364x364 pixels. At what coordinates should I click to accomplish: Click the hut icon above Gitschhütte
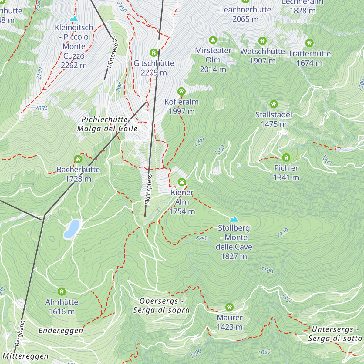154,53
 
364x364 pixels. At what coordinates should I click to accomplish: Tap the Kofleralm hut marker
181,91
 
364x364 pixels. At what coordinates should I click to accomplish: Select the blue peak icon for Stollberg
234,219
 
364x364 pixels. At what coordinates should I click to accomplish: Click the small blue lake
72,229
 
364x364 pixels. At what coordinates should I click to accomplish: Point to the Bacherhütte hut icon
78,159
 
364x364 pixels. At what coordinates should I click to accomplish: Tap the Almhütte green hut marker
62,292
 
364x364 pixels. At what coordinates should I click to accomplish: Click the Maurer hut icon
229,307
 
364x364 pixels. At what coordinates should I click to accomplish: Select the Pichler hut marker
286,157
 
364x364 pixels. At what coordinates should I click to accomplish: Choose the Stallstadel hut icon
274,104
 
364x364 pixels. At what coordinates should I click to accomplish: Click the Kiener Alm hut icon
182,182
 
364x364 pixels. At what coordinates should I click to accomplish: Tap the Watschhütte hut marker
262,41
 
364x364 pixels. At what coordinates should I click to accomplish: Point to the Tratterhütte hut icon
309,43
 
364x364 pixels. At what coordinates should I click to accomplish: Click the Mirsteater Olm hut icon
213,40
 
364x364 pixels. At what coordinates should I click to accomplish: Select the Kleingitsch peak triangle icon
74,19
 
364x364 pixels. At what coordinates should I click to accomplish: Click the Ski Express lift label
148,190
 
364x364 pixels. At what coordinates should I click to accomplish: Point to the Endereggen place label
61,331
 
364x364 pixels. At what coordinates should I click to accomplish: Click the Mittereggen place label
25,356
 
